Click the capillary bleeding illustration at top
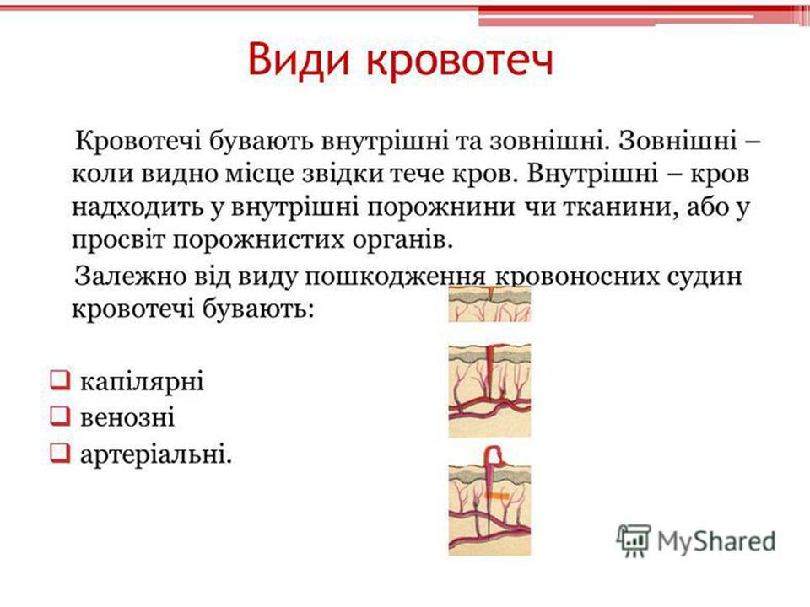(x=489, y=303)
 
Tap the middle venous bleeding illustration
(x=489, y=389)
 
